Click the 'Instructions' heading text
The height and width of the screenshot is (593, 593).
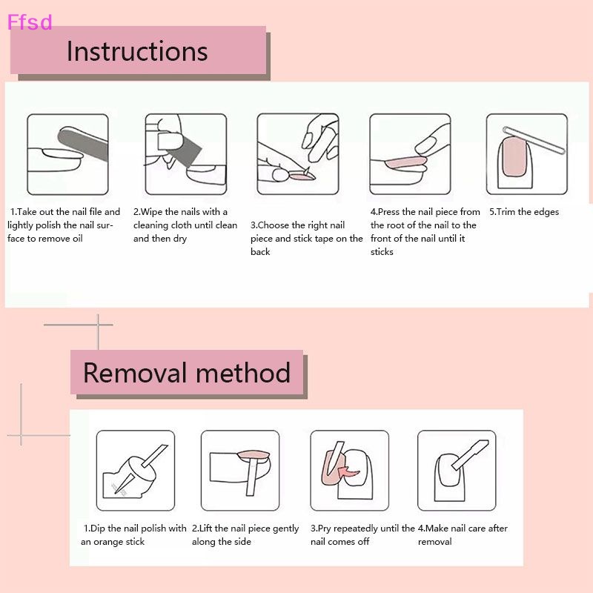tap(137, 51)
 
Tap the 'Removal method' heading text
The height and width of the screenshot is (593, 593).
tap(187, 372)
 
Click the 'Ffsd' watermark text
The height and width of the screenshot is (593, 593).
tap(30, 22)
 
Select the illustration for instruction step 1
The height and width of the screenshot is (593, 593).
tap(67, 153)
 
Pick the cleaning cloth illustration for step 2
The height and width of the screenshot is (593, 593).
tap(185, 153)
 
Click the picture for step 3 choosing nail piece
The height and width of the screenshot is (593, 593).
tap(297, 153)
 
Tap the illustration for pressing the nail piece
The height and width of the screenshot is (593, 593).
tap(410, 153)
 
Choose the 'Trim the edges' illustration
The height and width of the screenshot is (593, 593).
tap(526, 153)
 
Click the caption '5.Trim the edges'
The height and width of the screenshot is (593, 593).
tap(524, 212)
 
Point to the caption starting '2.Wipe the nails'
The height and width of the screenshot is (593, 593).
tap(185, 225)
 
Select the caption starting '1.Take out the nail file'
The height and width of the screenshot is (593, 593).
tap(64, 225)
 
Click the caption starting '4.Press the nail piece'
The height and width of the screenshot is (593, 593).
tap(425, 231)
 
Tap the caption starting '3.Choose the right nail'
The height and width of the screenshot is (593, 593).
tap(306, 238)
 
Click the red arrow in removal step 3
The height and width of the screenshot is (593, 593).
tap(345, 472)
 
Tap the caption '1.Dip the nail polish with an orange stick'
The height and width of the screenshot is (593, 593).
tap(134, 535)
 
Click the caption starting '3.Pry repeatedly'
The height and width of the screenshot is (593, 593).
tap(362, 535)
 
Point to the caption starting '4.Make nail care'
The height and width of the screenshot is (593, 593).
tap(463, 535)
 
